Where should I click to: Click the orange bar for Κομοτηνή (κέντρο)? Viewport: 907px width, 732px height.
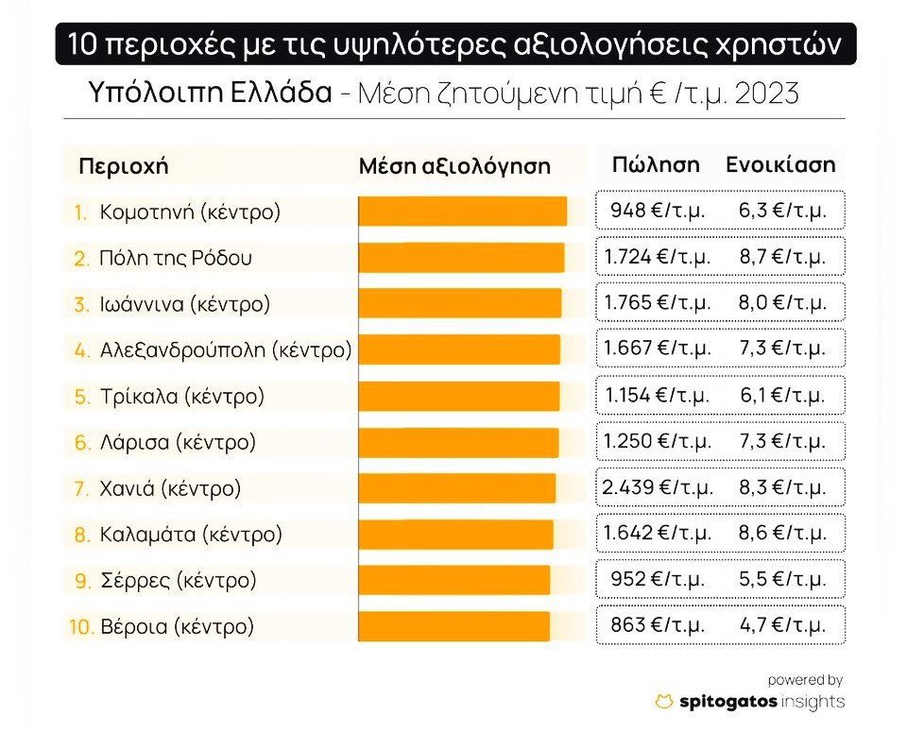point(462,212)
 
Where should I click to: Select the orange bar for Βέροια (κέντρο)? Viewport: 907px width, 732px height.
point(453,626)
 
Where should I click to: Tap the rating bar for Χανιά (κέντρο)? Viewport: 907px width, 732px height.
point(456,488)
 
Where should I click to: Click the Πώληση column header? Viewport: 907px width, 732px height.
point(656,164)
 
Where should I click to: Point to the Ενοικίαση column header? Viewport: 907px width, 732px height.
point(780,164)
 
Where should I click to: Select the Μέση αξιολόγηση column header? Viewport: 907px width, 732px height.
point(454,166)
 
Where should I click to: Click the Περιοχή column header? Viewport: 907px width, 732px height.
point(123,166)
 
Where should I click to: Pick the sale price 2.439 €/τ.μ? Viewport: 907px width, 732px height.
point(657,488)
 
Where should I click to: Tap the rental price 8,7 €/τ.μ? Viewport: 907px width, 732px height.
point(782,257)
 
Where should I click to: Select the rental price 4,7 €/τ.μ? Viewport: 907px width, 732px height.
point(782,625)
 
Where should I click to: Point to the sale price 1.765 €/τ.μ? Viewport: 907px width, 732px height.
point(657,303)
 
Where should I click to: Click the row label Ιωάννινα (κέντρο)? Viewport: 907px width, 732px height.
point(185,304)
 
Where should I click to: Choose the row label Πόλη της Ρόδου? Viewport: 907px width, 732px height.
point(176,258)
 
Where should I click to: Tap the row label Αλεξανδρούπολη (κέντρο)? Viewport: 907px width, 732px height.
point(226,350)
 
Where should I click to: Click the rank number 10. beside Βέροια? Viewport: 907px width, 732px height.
point(81,626)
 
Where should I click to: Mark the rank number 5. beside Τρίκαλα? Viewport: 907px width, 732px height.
point(81,397)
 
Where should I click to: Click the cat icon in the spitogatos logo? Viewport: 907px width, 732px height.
point(664,702)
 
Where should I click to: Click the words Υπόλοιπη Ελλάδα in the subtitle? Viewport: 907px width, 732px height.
point(209,94)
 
